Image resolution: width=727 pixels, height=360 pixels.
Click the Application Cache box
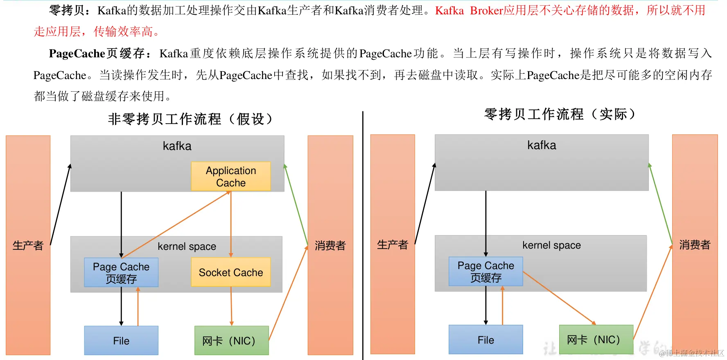tap(231, 177)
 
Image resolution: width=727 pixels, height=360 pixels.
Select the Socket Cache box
tap(231, 272)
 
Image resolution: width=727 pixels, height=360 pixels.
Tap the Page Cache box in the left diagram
tap(121, 272)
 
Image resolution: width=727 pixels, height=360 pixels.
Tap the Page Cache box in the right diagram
tap(486, 272)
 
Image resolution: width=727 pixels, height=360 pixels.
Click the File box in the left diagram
tap(121, 340)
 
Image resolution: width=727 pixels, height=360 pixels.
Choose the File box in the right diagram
tap(486, 340)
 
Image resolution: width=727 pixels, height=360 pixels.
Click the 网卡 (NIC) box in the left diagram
tap(232, 340)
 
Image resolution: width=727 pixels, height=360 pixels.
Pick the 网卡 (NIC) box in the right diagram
tap(596, 340)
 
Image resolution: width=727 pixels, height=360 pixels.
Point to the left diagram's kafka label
tap(177, 146)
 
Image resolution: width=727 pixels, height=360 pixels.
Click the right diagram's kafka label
tap(542, 145)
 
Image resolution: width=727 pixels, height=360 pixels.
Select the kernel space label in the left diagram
tap(187, 246)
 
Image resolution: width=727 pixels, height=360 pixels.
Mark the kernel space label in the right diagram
tap(551, 245)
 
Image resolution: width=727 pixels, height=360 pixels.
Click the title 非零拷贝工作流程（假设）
tap(190, 119)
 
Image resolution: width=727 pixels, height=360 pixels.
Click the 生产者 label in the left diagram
tap(28, 245)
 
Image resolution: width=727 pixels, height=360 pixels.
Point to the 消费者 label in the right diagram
tap(695, 245)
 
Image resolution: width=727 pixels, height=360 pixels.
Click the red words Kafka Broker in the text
tap(469, 11)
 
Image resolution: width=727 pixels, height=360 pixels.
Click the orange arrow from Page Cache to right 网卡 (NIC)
tap(559, 298)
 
